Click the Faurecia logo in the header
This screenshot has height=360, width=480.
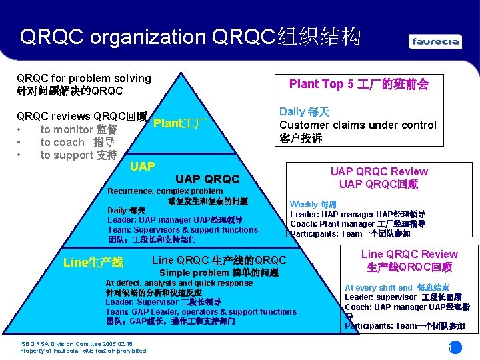[x=435, y=41]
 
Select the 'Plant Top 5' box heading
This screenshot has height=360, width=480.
[x=359, y=84]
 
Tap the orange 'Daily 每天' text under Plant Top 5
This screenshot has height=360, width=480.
[x=304, y=112]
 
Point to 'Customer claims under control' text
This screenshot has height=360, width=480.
[x=357, y=125]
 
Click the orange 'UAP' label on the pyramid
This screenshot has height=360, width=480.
[x=143, y=166]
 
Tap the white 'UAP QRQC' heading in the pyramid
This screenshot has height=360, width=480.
[x=207, y=179]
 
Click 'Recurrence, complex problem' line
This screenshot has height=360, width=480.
[x=165, y=191]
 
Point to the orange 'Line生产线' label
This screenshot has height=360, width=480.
[x=93, y=262]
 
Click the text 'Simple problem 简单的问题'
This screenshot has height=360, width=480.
[x=219, y=273]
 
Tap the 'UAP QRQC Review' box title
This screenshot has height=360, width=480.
[x=379, y=171]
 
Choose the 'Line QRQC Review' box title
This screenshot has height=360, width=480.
[x=409, y=254]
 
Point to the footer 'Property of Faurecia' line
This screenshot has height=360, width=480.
[x=83, y=351]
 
